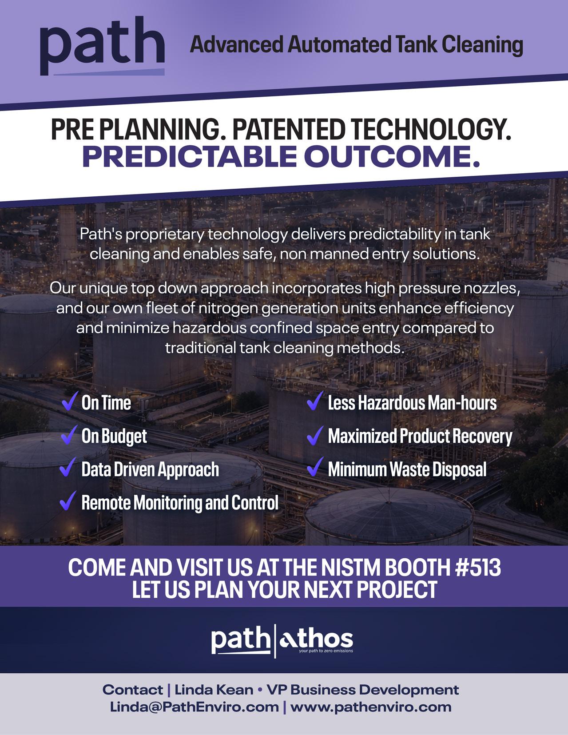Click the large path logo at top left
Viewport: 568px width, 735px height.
pyautogui.click(x=102, y=46)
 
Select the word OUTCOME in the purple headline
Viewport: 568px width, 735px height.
pyautogui.click(x=392, y=157)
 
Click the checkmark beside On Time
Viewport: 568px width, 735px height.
pyautogui.click(x=70, y=401)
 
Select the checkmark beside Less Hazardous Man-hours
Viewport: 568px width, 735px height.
pyautogui.click(x=315, y=401)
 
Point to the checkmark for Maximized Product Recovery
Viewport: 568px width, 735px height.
pyautogui.click(x=315, y=435)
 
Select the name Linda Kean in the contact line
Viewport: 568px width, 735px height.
pyautogui.click(x=214, y=690)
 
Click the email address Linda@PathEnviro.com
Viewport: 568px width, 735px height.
pyautogui.click(x=194, y=707)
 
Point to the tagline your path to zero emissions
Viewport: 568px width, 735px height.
pyautogui.click(x=326, y=651)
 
